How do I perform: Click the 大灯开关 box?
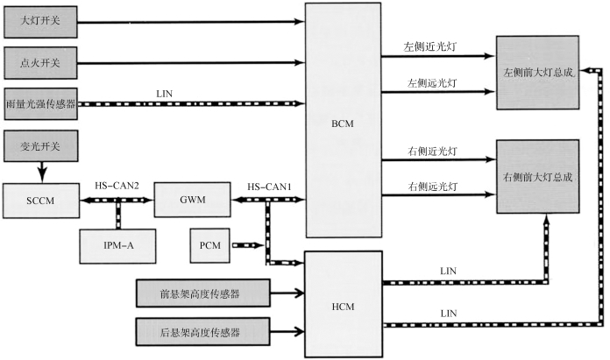click(40, 22)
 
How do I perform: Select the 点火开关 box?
click(40, 63)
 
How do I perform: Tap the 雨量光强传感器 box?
click(40, 103)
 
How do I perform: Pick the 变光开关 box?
click(40, 145)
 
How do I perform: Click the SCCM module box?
click(40, 200)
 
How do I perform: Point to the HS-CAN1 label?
click(267, 186)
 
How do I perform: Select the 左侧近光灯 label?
click(429, 44)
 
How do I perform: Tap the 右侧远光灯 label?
click(429, 187)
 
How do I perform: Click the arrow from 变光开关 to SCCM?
click(40, 170)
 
